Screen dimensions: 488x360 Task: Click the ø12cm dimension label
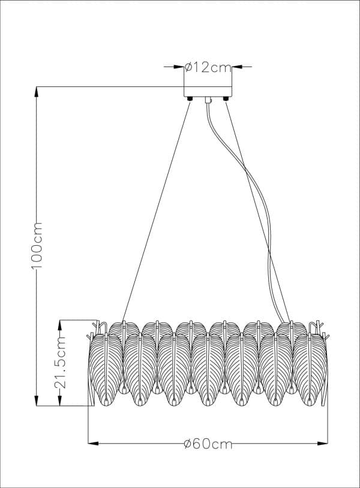click(208, 67)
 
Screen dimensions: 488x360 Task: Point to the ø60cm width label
click(208, 444)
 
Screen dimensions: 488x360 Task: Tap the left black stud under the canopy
click(190, 99)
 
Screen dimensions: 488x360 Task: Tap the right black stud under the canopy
click(226, 99)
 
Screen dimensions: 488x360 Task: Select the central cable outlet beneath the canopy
click(208, 100)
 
